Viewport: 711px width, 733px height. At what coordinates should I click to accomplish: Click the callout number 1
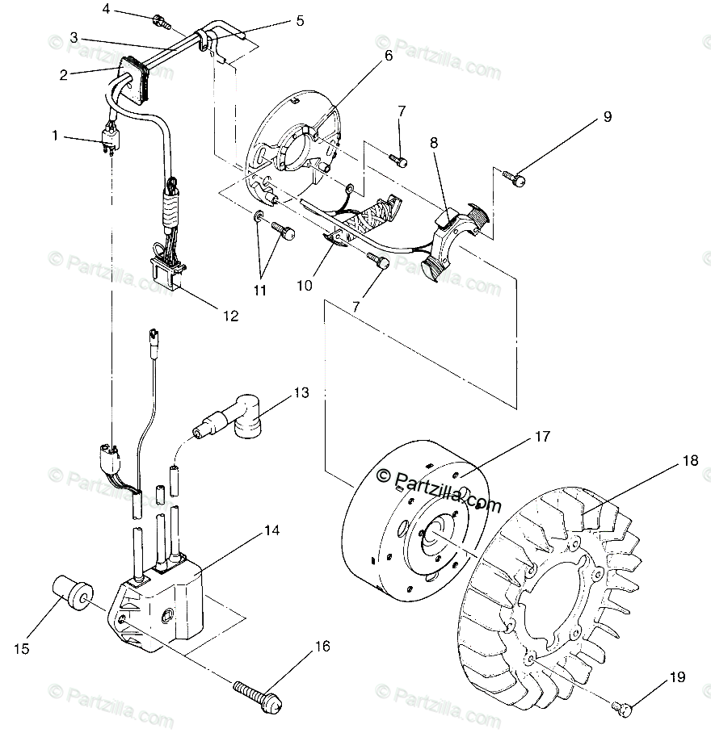55,136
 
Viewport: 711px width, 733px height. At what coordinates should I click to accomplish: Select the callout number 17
541,437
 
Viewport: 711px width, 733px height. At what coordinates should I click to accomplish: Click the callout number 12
230,316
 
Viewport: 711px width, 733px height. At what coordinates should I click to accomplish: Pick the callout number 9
608,117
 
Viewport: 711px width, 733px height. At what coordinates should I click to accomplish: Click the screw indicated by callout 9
512,174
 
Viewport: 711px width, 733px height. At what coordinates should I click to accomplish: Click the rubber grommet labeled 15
70,595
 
